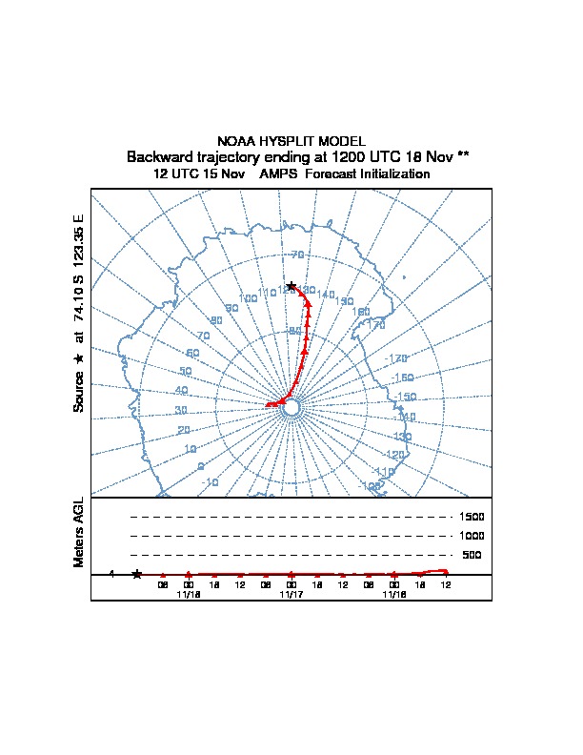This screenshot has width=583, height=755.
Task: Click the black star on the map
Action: [291, 286]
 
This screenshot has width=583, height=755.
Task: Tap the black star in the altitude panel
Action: [137, 574]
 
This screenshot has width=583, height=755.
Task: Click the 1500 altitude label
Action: [472, 517]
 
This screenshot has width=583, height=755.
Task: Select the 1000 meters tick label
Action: [472, 536]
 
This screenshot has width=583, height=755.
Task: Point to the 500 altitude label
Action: [472, 555]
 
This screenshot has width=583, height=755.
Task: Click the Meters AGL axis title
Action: [80, 532]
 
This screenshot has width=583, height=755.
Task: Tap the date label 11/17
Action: [291, 594]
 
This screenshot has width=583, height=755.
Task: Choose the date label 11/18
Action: [189, 594]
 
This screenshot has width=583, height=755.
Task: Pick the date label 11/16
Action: [394, 594]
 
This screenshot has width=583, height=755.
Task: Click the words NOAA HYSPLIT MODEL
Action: [291, 140]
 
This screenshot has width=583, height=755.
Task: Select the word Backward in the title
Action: [161, 156]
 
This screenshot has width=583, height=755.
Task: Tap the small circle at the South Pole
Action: [291, 408]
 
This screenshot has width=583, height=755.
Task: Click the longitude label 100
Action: [248, 298]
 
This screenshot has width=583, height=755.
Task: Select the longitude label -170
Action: [399, 358]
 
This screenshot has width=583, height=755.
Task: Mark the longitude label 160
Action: [361, 312]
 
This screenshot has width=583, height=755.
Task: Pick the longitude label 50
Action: [186, 372]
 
